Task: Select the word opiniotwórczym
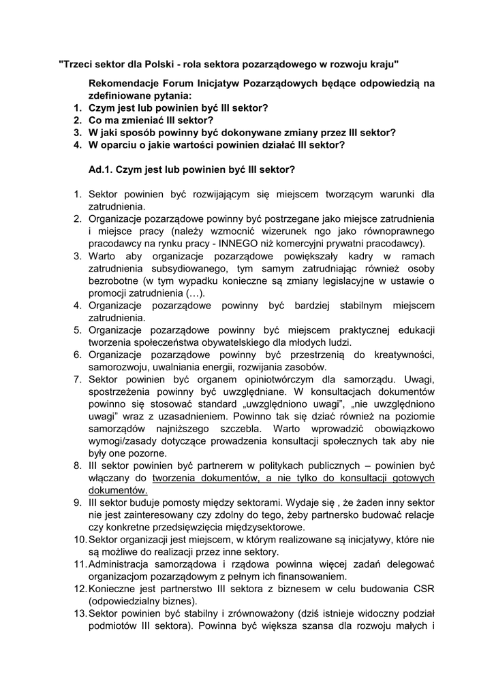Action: click(x=252, y=378)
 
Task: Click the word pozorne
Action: click(x=145, y=452)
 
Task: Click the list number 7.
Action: click(x=77, y=378)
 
